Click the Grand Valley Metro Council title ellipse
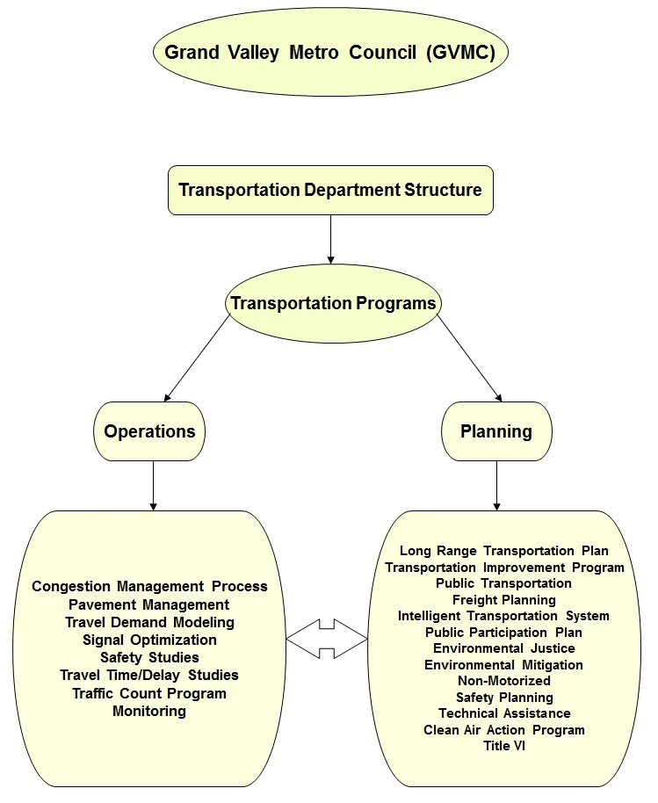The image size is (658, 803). tap(330, 52)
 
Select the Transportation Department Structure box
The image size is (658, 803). tap(330, 190)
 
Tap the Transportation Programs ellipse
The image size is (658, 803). tap(333, 304)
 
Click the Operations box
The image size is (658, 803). tap(149, 431)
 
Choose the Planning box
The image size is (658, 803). tap(496, 431)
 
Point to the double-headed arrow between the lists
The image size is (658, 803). tap(327, 638)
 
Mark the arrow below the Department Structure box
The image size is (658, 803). tap(330, 239)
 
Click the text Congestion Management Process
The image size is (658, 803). tap(149, 586)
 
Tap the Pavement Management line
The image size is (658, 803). tap(149, 604)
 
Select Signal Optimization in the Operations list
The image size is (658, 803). tap(149, 640)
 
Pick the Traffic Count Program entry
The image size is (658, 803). tap(149, 693)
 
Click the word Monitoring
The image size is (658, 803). tap(149, 711)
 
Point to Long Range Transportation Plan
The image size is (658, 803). tap(503, 551)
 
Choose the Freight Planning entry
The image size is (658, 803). tap(503, 600)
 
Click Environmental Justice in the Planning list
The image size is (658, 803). tap(503, 648)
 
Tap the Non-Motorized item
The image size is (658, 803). tap(503, 680)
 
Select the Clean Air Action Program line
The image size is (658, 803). tap(503, 729)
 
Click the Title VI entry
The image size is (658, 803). tap(503, 746)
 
